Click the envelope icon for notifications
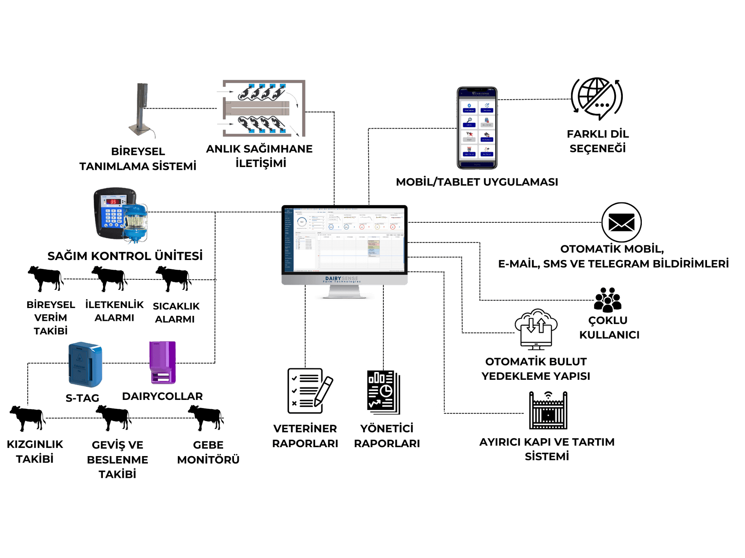coord(621,222)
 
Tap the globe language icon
coord(597,98)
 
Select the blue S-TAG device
coord(85,364)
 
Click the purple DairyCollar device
coord(163,363)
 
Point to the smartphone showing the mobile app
coord(477,128)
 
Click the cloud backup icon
coord(536,329)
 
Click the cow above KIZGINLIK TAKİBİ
coord(27,418)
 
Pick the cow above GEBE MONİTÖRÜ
coord(206,418)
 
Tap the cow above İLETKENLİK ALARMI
coord(109,278)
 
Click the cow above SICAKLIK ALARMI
coord(173,278)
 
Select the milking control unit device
coord(120,215)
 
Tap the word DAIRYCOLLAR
coord(162,396)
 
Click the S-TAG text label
coord(82,398)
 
